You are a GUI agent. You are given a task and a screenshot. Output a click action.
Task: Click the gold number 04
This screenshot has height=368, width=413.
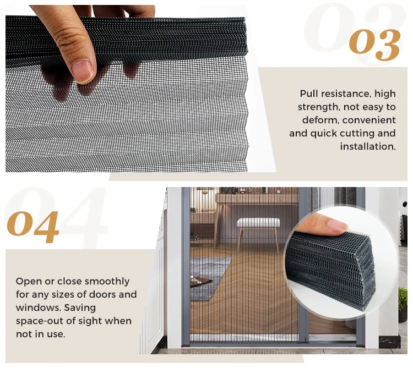(33, 226)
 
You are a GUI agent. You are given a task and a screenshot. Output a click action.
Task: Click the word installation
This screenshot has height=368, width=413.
(367, 146)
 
